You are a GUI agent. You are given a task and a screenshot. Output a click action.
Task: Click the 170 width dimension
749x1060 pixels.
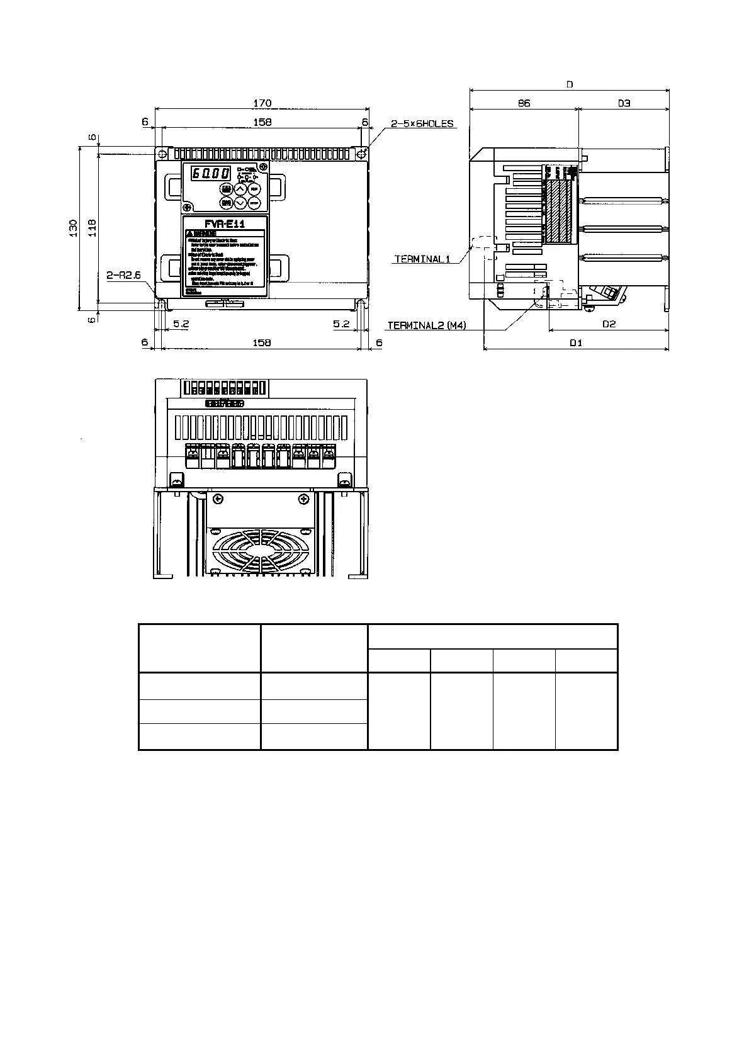pos(262,103)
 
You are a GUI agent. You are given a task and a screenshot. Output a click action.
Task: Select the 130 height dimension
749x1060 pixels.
pos(73,227)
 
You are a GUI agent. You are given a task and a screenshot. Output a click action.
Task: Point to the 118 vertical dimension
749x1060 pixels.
pos(92,227)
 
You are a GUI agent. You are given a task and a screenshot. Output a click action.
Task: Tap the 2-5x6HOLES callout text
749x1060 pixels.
pos(422,124)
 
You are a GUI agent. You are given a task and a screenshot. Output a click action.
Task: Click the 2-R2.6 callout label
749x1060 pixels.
pos(123,275)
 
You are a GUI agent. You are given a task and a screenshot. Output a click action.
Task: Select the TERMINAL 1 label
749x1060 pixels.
pos(422,259)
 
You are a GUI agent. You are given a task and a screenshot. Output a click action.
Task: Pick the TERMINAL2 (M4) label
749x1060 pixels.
pos(427,325)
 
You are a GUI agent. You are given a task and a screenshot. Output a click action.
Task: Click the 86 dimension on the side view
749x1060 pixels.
pos(524,103)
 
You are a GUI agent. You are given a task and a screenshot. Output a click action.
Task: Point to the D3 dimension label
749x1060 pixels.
pos(623,103)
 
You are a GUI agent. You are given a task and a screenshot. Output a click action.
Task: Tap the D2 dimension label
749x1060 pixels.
pos(609,324)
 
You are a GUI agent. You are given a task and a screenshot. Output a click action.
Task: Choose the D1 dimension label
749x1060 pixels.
pos(576,343)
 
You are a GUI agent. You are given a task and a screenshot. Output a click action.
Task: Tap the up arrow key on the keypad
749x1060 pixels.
pos(240,189)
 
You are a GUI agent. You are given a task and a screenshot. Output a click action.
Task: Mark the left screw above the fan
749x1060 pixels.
pos(218,500)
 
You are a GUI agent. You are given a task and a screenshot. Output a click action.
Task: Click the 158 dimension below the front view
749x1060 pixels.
pos(261,342)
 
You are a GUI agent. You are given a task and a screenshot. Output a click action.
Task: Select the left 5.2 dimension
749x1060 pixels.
pos(181,324)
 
